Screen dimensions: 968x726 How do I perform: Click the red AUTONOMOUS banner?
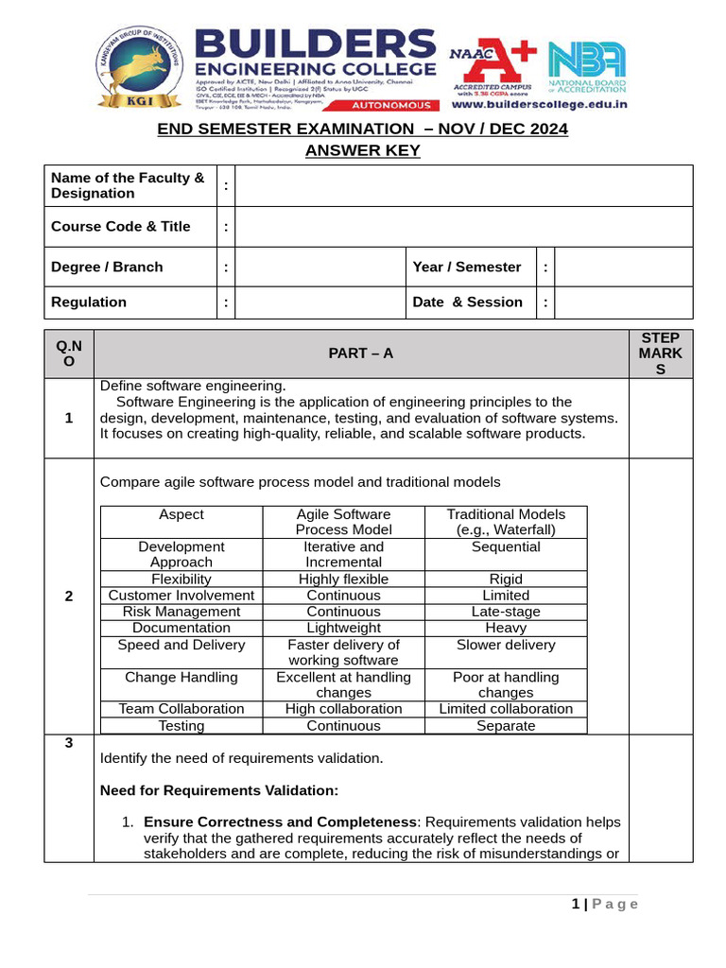389,106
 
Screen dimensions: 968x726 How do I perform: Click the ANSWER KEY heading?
363,151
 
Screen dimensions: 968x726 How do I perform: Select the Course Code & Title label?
121,227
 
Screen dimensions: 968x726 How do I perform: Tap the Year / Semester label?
467,268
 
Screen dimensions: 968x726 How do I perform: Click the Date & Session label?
467,302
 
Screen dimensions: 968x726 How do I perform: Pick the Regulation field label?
89,302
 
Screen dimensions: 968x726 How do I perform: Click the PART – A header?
361,354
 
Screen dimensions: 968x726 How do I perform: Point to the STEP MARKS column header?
660,354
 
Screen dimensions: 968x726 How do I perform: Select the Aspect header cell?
181,515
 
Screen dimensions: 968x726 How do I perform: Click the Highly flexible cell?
343,579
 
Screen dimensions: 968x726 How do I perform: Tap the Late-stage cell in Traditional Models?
506,612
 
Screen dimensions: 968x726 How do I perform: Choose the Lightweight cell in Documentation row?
343,628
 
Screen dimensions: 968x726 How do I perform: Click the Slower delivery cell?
506,646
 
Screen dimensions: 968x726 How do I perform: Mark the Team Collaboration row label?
181,709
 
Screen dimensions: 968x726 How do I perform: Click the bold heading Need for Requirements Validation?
219,790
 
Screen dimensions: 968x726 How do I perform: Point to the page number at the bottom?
605,905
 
